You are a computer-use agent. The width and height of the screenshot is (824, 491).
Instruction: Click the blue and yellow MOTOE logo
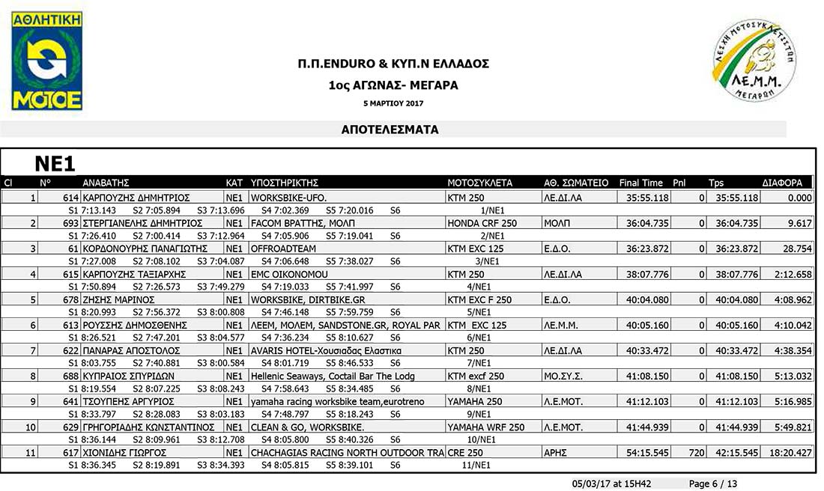[x=47, y=61]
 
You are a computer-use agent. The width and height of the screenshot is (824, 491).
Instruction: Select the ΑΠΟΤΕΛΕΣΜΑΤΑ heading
[x=390, y=129]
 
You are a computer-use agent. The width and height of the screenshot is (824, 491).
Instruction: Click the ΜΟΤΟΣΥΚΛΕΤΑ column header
[x=479, y=183]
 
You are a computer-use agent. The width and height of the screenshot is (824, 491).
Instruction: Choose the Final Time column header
[x=641, y=183]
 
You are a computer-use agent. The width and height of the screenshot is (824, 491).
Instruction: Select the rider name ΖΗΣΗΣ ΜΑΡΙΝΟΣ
[x=118, y=300]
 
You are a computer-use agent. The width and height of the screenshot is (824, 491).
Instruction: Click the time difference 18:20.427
[x=791, y=453]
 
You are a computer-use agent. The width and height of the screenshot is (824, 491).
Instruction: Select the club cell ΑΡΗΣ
[x=557, y=453]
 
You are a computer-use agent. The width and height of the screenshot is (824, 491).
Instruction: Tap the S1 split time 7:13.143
[x=96, y=210]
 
